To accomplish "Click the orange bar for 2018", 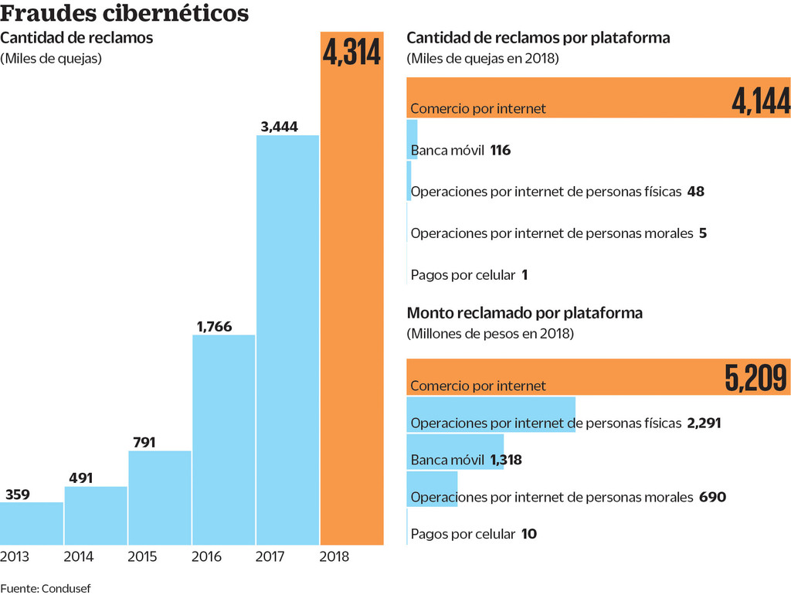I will [351, 309].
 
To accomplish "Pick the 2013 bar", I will [32, 523].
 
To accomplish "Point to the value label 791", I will [144, 443].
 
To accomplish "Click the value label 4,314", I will [352, 54].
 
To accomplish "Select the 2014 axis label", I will [79, 556].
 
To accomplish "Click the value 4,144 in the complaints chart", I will [760, 101].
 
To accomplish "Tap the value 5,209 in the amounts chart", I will [756, 378].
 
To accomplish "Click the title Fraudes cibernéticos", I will [125, 14].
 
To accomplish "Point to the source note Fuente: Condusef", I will [46, 588].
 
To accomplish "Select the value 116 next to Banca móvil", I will [500, 150].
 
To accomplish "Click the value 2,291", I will [703, 423].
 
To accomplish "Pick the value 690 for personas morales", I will [712, 497].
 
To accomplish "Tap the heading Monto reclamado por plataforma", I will [525, 313].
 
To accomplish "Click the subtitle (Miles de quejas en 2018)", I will [482, 59].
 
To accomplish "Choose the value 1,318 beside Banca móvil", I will [506, 460].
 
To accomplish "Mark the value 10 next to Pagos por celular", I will [528, 534].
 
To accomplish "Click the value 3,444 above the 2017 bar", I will [280, 127].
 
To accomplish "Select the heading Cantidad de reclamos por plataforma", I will [538, 37].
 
